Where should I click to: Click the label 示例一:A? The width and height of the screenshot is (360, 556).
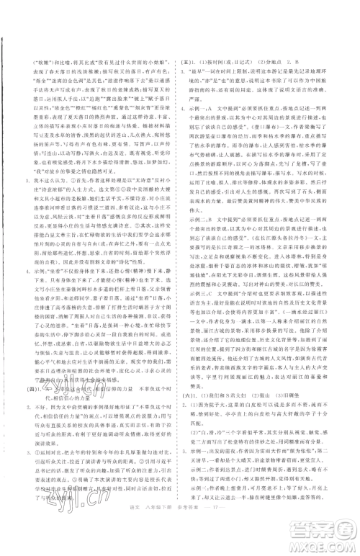[195, 106]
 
